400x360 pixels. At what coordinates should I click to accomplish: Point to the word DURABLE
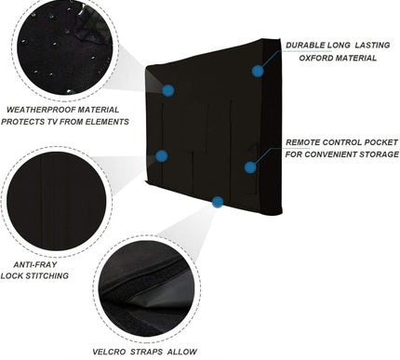[x=309, y=44]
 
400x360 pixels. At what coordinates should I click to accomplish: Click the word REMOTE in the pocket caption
[x=308, y=141]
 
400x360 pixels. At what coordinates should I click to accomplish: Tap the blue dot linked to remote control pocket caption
[x=249, y=167]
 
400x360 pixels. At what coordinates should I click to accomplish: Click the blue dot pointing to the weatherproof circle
[x=169, y=90]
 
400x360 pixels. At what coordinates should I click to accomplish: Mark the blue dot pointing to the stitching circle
[x=162, y=156]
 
